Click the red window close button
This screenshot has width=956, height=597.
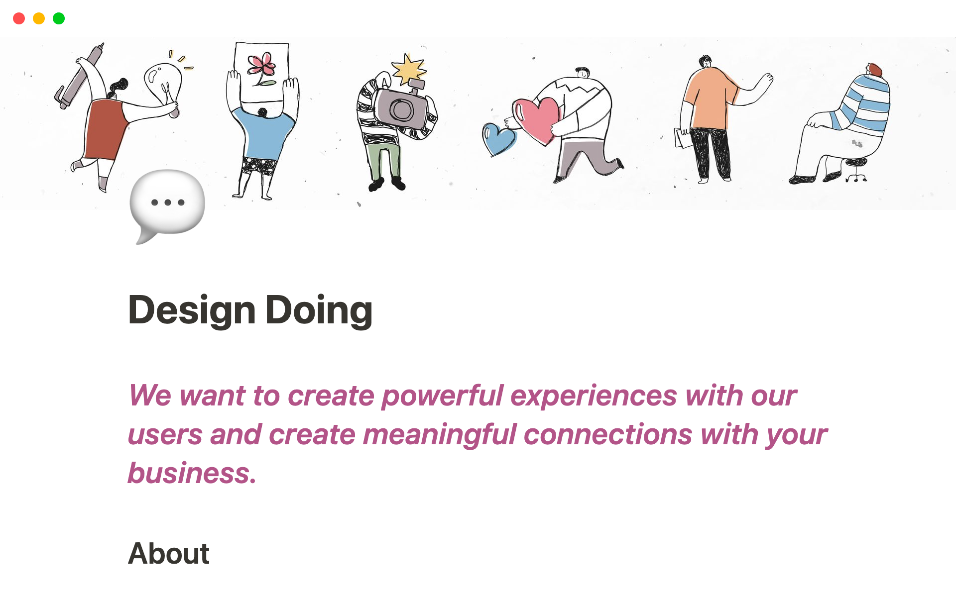(19, 18)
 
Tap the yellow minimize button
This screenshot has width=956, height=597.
(39, 18)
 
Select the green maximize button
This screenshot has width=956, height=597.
(59, 18)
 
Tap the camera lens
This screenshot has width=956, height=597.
(401, 110)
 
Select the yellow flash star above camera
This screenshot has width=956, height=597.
(409, 69)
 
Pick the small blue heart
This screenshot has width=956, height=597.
(498, 139)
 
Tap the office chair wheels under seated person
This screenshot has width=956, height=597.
(856, 177)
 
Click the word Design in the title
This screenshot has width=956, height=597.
(192, 310)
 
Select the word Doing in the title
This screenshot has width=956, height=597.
(319, 310)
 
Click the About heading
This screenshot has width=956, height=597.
(169, 553)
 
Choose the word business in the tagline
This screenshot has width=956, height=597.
(192, 473)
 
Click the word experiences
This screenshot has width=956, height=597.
(594, 397)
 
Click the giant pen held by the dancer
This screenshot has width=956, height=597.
(80, 76)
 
